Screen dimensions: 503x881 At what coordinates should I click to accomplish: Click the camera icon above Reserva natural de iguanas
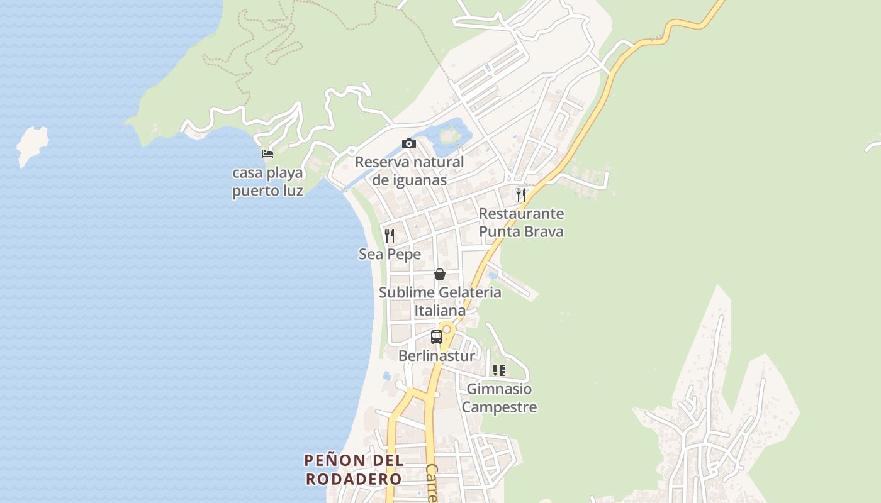tap(409, 144)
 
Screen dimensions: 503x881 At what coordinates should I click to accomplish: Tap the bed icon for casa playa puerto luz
tap(267, 154)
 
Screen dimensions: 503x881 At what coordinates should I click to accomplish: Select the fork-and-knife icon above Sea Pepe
tap(390, 236)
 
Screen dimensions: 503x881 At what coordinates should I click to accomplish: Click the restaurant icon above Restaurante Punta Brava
tap(520, 194)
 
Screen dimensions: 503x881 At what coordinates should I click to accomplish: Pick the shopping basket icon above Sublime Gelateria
tap(440, 274)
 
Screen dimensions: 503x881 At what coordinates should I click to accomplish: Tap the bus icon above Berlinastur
tap(436, 336)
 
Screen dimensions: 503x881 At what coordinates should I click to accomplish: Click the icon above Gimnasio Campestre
tap(499, 370)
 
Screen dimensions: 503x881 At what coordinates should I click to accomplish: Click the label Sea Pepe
tap(390, 254)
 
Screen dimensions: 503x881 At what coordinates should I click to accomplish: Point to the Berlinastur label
tap(436, 356)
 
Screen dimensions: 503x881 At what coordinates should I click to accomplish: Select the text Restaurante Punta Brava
tap(521, 223)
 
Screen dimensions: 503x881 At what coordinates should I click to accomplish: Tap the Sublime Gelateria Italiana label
tap(440, 301)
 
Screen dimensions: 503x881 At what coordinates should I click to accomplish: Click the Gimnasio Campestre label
tap(499, 398)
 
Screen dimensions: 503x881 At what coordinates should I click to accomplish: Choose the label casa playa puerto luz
tap(267, 182)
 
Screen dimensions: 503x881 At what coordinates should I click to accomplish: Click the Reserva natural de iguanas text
tap(409, 171)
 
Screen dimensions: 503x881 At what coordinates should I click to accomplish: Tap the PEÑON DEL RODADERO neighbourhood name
tap(354, 470)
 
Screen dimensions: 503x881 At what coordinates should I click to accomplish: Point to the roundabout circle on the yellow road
tap(447, 329)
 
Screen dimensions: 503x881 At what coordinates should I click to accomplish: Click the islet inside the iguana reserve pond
tap(449, 134)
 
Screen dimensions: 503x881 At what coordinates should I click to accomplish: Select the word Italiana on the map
tap(440, 311)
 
